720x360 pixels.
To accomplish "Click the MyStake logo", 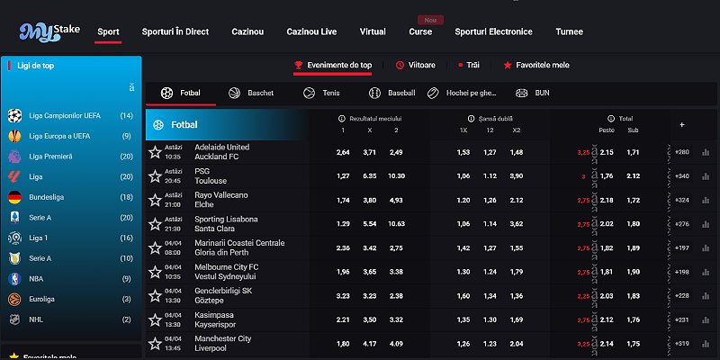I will [x=49, y=32].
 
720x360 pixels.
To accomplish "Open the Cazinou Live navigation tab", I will [x=311, y=31].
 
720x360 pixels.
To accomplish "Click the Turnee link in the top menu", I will [x=569, y=31].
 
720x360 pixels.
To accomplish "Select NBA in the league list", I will [x=38, y=279].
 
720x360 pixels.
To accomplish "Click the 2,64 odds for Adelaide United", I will [x=342, y=152].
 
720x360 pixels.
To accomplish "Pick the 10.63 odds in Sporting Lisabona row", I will [x=396, y=223].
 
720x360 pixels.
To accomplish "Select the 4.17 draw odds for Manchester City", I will [x=369, y=343].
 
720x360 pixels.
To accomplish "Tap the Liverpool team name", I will [x=212, y=348].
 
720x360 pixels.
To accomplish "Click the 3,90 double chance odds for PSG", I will [x=516, y=175].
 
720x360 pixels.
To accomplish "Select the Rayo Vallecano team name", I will [x=222, y=194].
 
